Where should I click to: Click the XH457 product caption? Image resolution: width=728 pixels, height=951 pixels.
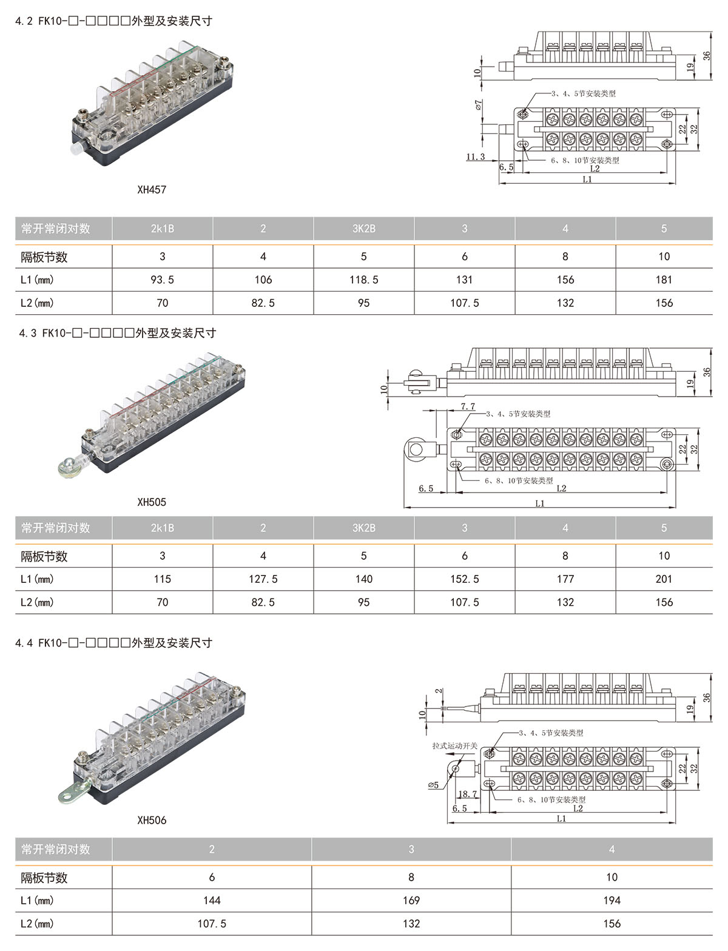click(x=152, y=189)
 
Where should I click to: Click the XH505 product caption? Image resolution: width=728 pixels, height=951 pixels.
click(x=152, y=502)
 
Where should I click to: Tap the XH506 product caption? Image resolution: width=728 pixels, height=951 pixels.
click(x=152, y=820)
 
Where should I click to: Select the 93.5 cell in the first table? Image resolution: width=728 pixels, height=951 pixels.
click(x=162, y=280)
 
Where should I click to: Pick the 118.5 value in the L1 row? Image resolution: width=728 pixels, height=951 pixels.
click(x=363, y=280)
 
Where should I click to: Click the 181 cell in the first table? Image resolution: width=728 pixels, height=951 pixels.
click(x=664, y=280)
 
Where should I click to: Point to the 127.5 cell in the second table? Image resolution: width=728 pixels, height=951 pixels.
click(x=263, y=579)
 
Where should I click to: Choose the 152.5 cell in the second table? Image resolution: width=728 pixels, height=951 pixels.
click(x=465, y=579)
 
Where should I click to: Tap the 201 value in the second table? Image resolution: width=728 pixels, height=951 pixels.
click(x=664, y=579)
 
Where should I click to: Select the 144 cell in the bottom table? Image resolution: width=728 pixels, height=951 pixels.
click(x=212, y=901)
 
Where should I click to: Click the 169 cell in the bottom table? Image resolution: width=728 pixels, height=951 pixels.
click(x=411, y=901)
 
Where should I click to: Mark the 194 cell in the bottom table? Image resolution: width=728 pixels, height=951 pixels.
click(x=612, y=901)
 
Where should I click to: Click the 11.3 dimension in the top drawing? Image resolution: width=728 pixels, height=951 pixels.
click(x=476, y=157)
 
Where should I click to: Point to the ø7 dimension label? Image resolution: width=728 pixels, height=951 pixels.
click(x=479, y=105)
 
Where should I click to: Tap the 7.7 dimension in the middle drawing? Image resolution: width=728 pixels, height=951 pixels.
click(x=468, y=406)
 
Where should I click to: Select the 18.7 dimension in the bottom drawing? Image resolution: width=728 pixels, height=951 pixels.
click(x=468, y=794)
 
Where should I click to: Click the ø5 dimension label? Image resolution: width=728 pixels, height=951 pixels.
click(x=433, y=785)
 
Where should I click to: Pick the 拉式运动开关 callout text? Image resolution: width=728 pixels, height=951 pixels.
click(x=454, y=745)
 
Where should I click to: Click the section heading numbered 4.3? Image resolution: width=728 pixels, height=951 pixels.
click(x=118, y=333)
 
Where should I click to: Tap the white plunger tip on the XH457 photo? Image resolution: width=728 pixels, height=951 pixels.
click(x=76, y=149)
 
